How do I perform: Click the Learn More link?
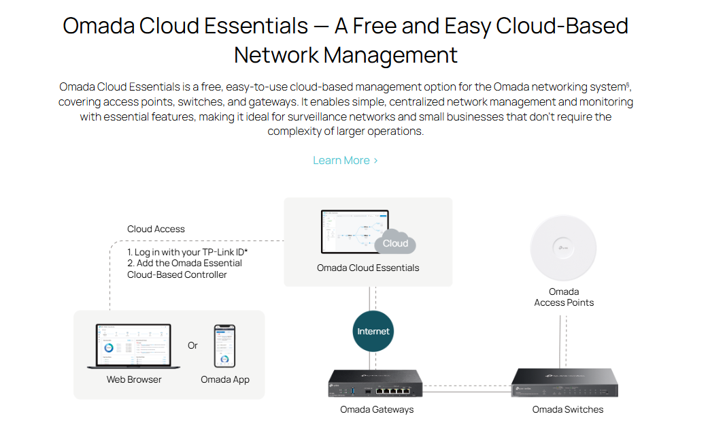pos(345,161)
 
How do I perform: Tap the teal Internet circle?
pos(373,332)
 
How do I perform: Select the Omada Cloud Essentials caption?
pos(368,268)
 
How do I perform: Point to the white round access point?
pos(563,247)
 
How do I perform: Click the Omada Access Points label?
pos(564,298)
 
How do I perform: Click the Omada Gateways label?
pos(377,409)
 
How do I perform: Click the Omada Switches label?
pos(568,409)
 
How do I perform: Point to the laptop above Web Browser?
pos(134,347)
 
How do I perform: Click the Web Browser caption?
pos(134,379)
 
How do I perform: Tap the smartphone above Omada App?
pos(224,346)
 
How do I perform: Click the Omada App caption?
pos(225,379)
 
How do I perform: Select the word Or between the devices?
pos(192,345)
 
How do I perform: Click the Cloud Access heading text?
pos(156,229)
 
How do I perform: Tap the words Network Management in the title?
pos(345,54)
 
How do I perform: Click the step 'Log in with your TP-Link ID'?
pos(188,253)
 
